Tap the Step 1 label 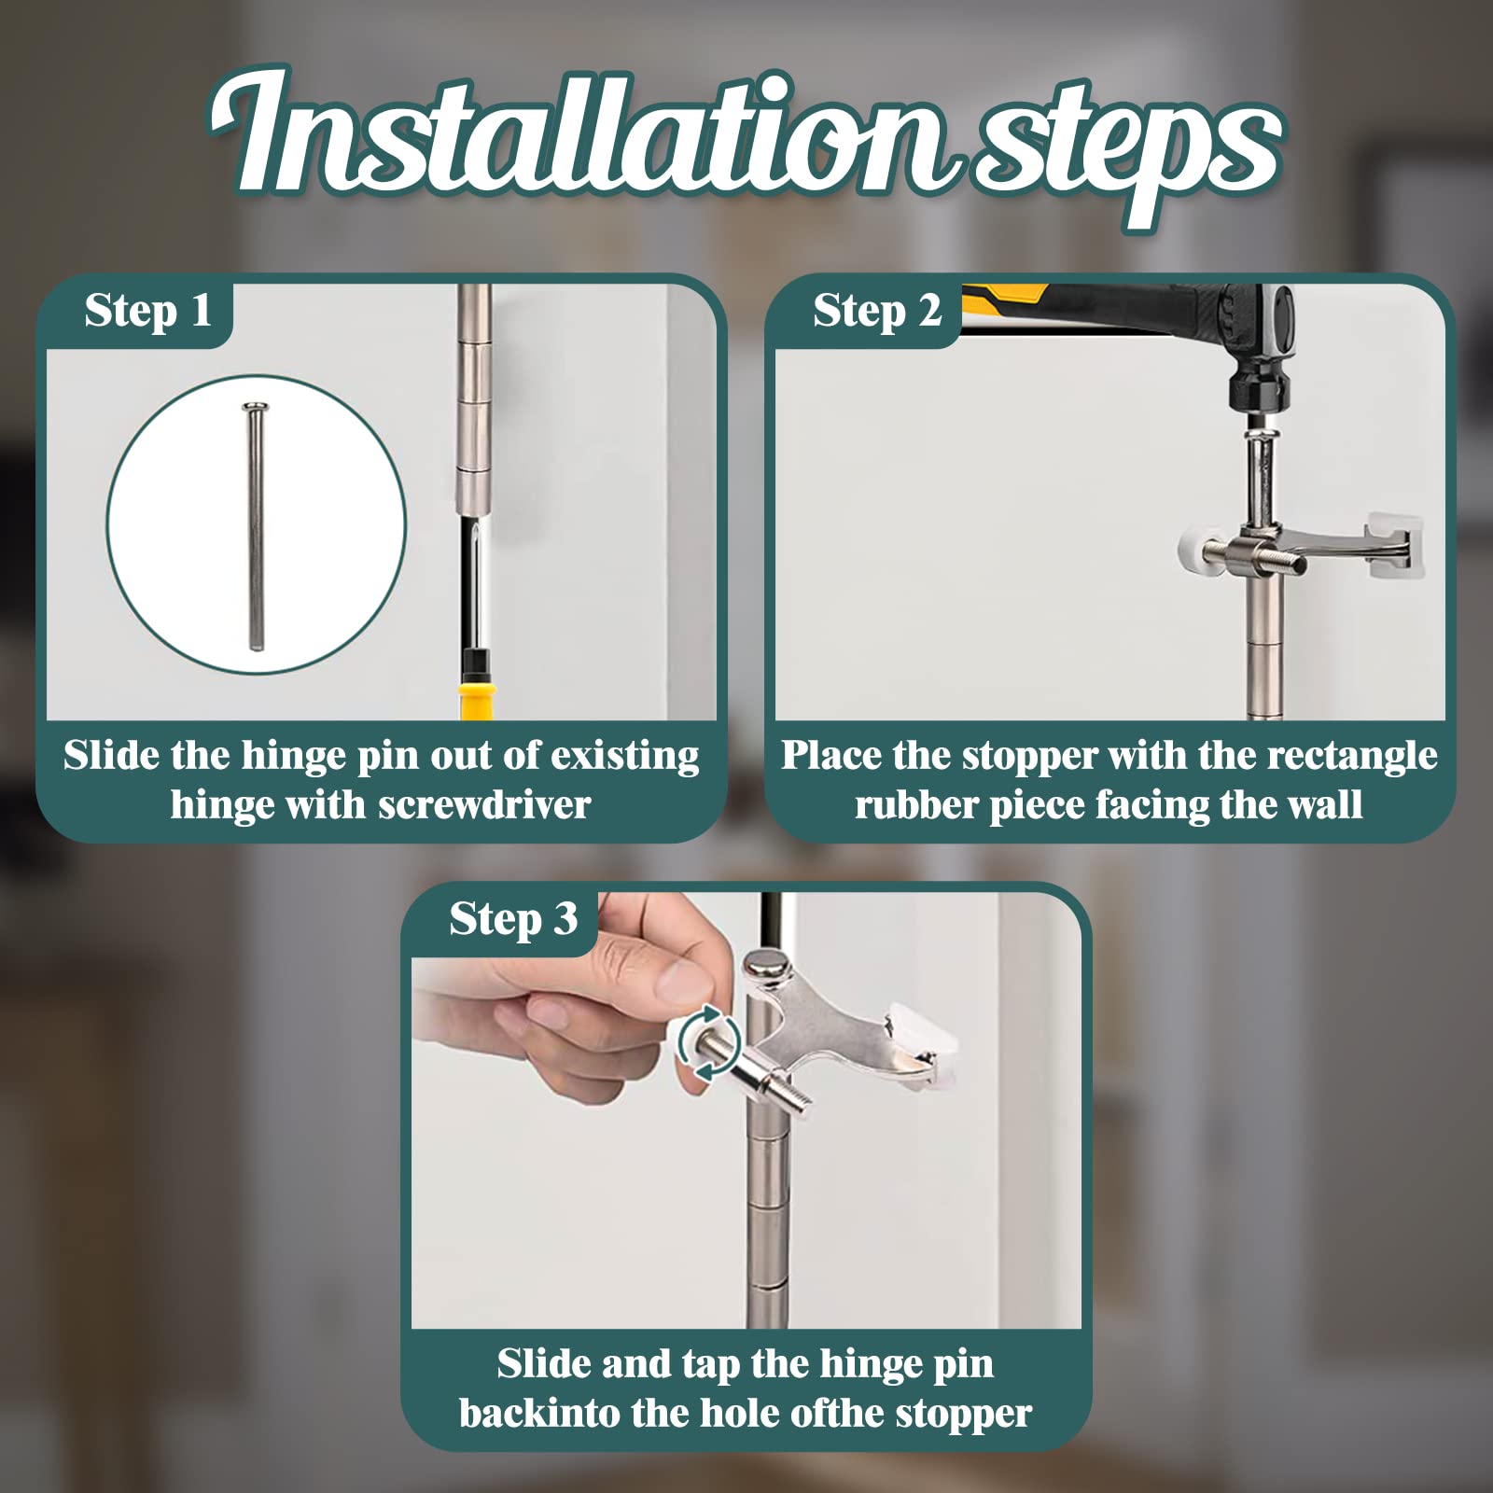[147, 312]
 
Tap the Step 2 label [877, 312]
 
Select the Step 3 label [513, 919]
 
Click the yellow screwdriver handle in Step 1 [474, 700]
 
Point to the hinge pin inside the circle [253, 526]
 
